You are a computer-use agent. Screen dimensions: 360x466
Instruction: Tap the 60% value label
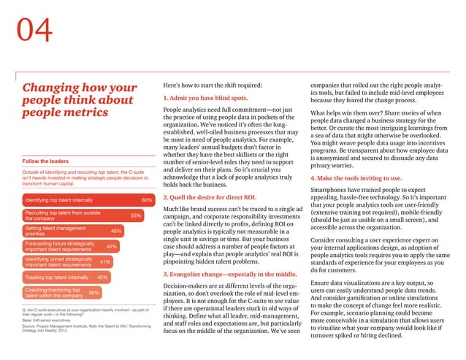tap(146, 199)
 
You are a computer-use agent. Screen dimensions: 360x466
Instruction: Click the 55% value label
tap(135, 215)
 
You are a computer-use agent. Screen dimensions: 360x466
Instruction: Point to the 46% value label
tap(116, 231)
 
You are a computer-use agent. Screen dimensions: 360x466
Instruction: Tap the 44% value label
tap(111, 247)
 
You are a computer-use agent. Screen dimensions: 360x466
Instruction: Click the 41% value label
tap(104, 261)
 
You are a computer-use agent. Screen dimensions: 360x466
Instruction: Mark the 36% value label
tap(93, 293)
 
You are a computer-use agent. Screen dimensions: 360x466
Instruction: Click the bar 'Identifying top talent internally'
tap(73, 199)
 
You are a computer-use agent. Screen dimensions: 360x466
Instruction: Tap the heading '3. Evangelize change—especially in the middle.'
tap(229, 275)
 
